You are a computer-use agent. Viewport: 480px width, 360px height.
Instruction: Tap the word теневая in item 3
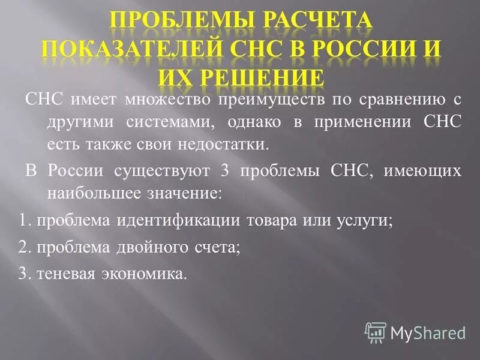pos(62,274)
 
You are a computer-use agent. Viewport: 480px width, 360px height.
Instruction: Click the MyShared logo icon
pos(376,332)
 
